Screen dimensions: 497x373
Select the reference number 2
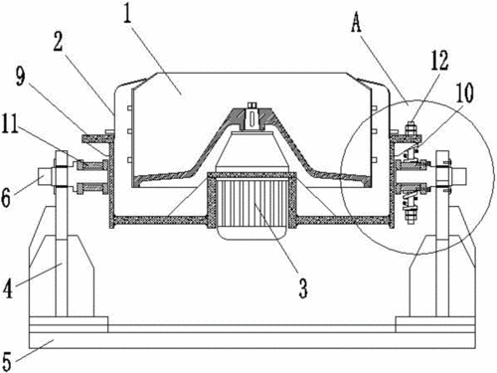59,42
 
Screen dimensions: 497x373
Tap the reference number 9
21,77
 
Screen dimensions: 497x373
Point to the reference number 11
10,123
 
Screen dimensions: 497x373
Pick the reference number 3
303,287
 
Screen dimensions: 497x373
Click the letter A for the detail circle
356,23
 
